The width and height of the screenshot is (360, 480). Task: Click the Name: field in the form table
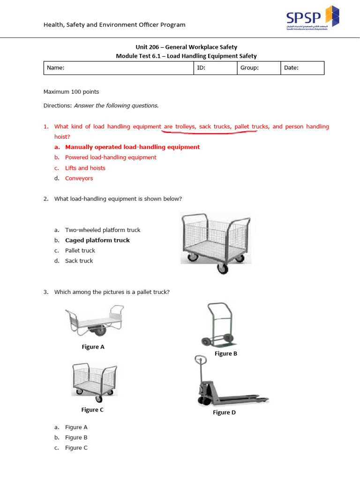(x=119, y=68)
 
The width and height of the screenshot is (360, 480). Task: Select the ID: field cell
(x=216, y=68)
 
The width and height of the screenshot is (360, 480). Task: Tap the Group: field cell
(x=259, y=68)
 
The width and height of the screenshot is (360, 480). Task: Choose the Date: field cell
(x=302, y=68)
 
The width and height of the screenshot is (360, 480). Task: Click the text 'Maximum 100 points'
(x=71, y=92)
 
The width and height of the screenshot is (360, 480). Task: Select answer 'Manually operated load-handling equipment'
(x=132, y=147)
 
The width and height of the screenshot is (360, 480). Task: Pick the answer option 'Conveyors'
(x=79, y=179)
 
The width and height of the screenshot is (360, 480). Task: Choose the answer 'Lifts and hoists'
(x=85, y=168)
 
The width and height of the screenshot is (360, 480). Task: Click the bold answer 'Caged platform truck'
(x=97, y=240)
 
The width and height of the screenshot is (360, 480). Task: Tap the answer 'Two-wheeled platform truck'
(x=103, y=230)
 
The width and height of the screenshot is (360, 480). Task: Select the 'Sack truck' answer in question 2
(x=79, y=261)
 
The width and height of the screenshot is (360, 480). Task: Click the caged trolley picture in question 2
(x=216, y=241)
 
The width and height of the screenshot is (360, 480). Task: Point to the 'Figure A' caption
(x=93, y=347)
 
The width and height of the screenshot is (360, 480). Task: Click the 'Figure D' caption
(x=225, y=412)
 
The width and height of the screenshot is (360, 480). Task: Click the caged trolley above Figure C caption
(x=94, y=381)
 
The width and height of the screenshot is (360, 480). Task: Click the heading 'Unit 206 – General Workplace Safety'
(x=186, y=47)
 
